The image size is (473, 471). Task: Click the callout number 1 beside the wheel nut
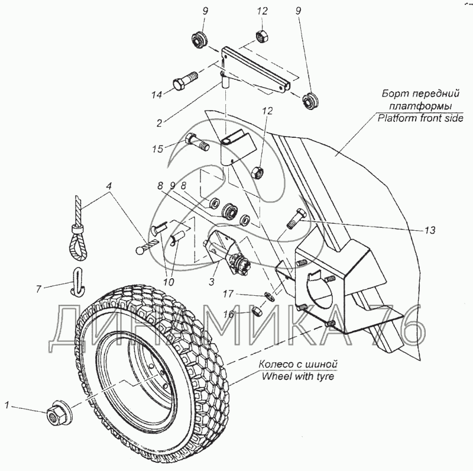click(7, 405)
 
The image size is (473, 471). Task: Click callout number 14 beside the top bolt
click(157, 95)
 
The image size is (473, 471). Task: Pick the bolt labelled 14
click(187, 82)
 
